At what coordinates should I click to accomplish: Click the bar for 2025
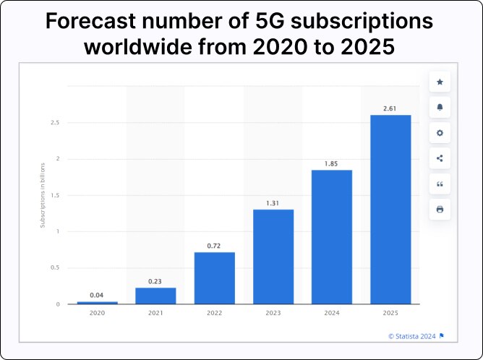[390, 209]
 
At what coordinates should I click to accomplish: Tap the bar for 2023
[273, 256]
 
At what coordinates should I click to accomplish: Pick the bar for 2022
[215, 278]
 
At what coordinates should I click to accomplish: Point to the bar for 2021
[155, 295]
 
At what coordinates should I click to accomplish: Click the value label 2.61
[390, 108]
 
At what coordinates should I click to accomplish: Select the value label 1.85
[332, 163]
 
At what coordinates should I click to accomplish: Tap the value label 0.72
[214, 246]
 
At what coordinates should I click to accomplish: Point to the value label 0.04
[97, 295]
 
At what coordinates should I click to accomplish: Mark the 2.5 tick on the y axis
[55, 123]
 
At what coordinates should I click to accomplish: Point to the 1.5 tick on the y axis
[55, 195]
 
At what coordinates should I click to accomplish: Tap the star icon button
[440, 82]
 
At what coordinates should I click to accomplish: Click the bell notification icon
[440, 108]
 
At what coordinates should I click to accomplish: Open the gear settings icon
[440, 133]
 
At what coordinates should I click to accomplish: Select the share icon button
[440, 158]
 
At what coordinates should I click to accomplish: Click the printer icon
[440, 210]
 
